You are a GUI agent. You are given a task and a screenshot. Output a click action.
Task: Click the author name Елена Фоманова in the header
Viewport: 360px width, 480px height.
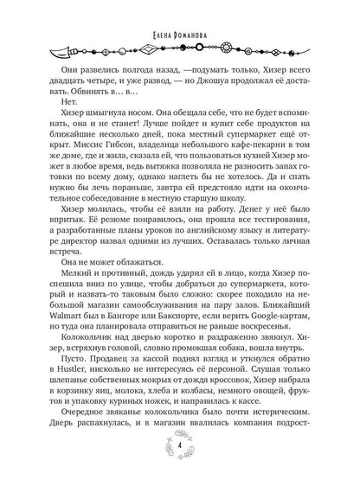pos(179,12)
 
